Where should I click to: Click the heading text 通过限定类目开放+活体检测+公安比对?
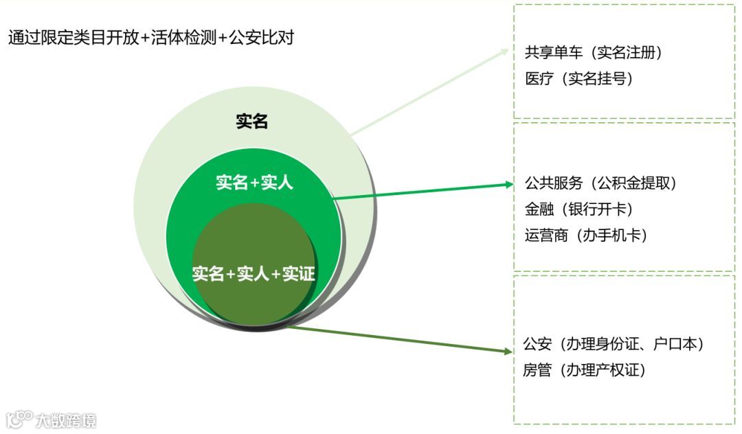[x=151, y=38]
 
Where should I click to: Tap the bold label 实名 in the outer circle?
[x=251, y=122]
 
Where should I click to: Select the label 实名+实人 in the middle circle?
[x=254, y=183]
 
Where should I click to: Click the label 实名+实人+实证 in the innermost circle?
[x=254, y=275]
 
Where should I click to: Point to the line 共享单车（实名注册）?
[x=593, y=53]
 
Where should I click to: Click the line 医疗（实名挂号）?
[x=578, y=79]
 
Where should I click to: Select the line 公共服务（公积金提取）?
[x=601, y=183]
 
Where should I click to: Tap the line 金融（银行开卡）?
[x=578, y=209]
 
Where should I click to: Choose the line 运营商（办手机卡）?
[x=586, y=236]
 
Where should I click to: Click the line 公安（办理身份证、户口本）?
[x=614, y=344]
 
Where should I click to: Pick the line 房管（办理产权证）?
[x=585, y=370]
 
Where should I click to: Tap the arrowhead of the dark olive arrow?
[x=508, y=352]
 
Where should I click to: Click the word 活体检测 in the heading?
[x=183, y=38]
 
